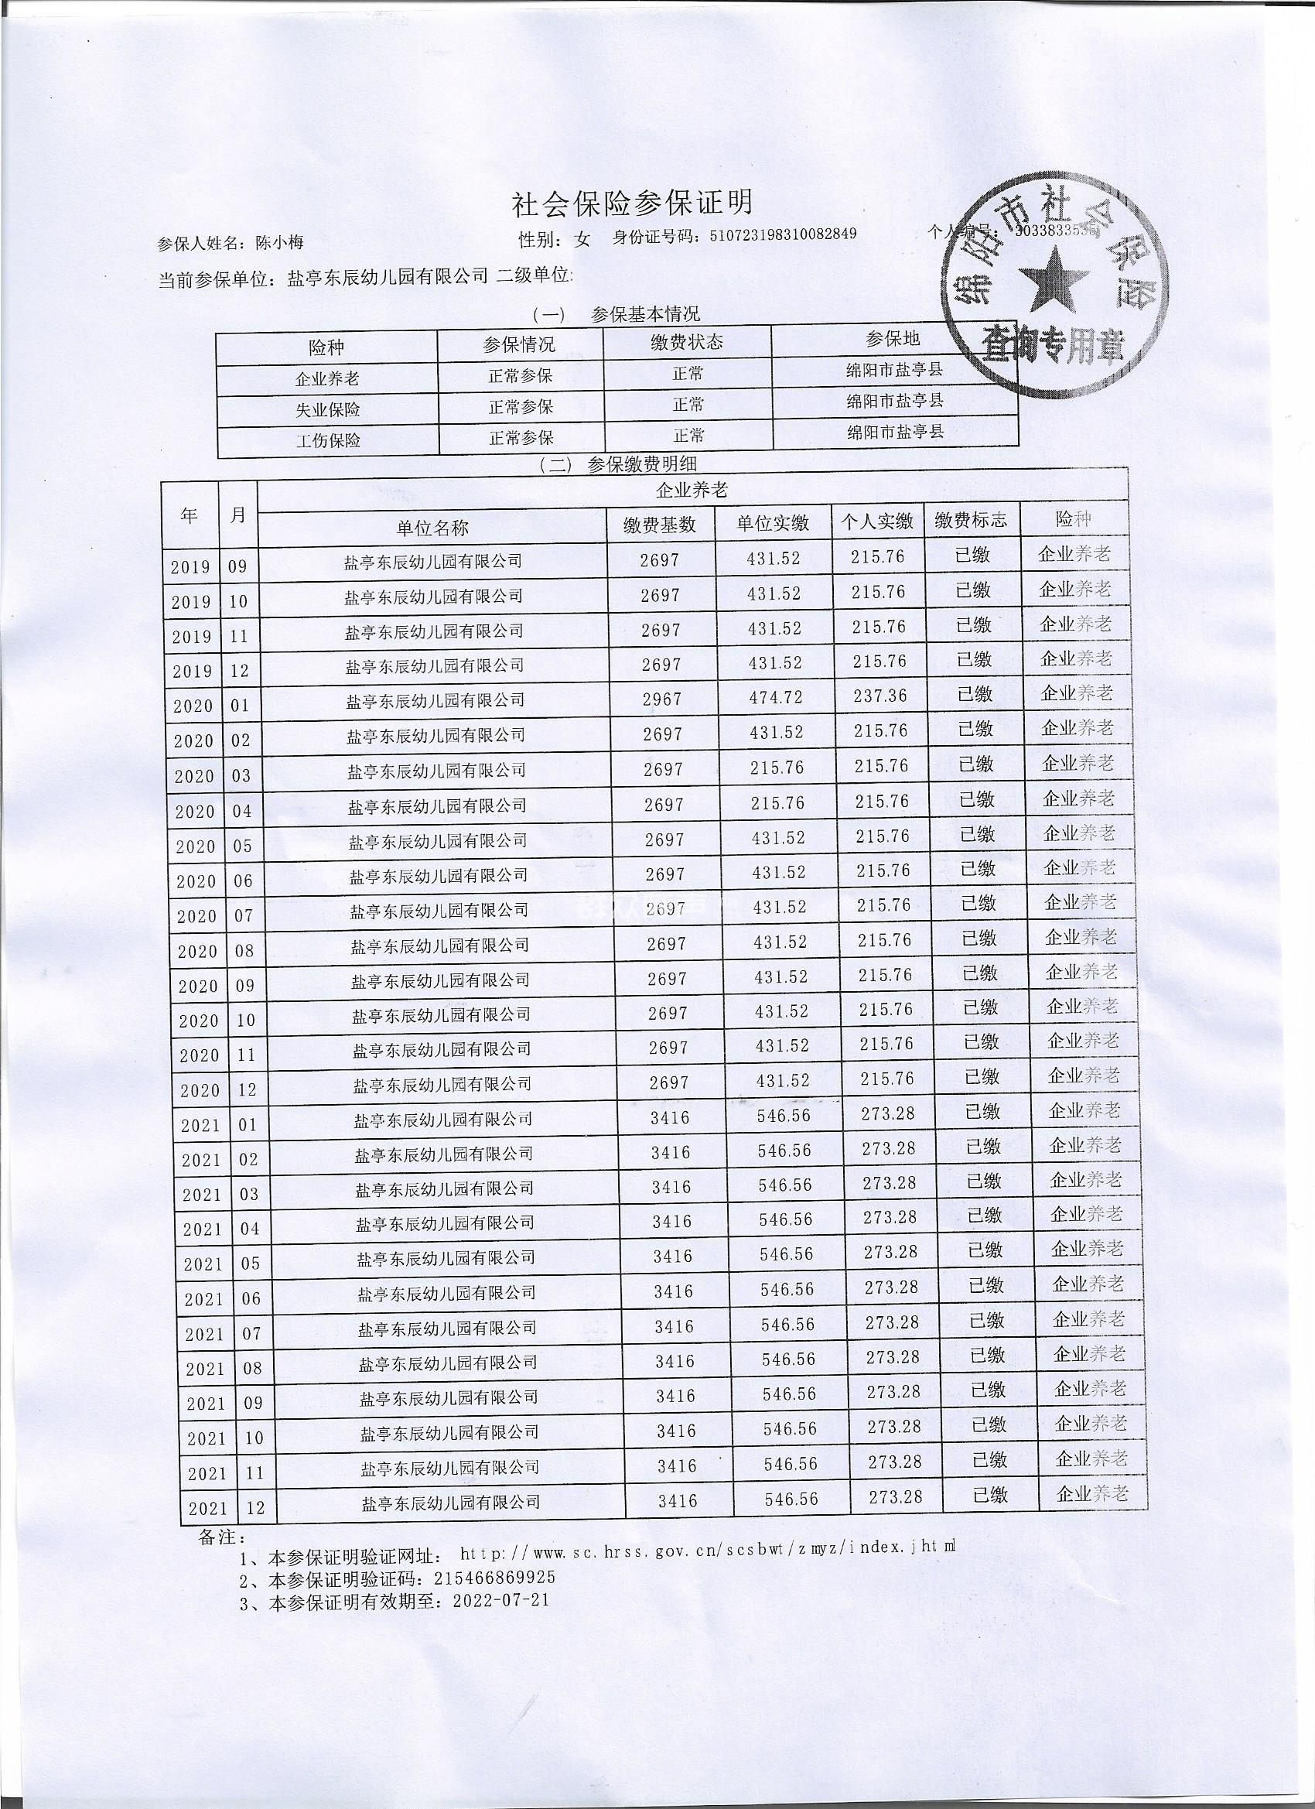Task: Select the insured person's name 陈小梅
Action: [x=279, y=243]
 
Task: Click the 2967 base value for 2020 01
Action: [x=662, y=699]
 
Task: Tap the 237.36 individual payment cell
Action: [x=880, y=696]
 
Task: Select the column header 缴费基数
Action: [x=660, y=524]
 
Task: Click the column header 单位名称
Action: [x=432, y=527]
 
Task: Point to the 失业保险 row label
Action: [x=328, y=409]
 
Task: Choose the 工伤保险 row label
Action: [x=328, y=440]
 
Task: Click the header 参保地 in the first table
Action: [x=893, y=339]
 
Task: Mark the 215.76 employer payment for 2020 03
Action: [x=777, y=768]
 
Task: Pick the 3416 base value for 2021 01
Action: [x=670, y=1117]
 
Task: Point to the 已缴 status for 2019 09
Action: [x=972, y=554]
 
